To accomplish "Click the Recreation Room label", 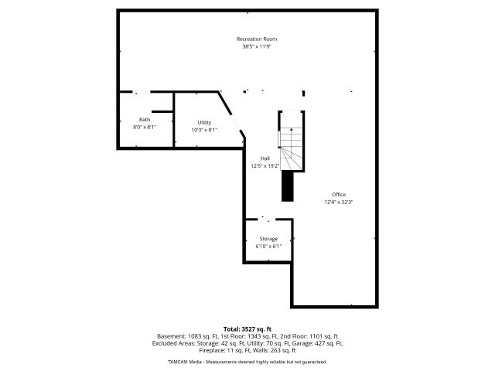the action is click(x=257, y=39).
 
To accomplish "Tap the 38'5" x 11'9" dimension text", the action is click(x=257, y=46).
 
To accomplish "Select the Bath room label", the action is click(x=145, y=120).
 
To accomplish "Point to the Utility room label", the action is click(x=204, y=123).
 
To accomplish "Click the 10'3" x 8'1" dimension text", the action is click(x=204, y=130).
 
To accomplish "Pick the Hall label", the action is click(x=265, y=158).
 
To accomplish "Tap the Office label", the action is click(x=339, y=195).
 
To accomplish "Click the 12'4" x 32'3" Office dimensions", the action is click(x=339, y=203).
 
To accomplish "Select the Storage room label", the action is click(x=268, y=239).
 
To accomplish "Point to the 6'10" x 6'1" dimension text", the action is click(x=268, y=247).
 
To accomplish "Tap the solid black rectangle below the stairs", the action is click(x=288, y=186).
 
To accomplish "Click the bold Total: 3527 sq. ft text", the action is click(x=247, y=330).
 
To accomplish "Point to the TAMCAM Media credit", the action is click(x=185, y=362).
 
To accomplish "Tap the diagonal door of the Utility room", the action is click(x=237, y=122).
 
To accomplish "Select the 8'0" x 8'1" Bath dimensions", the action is click(x=145, y=127).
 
